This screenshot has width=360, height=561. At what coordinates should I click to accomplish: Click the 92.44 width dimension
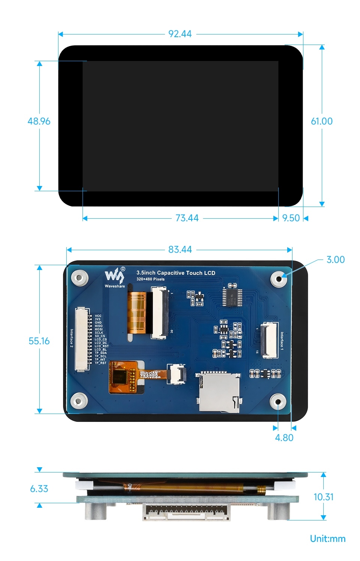point(180,34)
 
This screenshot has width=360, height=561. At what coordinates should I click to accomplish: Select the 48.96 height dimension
point(39,121)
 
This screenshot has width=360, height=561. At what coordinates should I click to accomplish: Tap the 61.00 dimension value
point(322,121)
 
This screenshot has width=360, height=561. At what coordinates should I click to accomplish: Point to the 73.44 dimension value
point(187,218)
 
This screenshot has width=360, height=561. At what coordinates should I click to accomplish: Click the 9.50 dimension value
point(291,218)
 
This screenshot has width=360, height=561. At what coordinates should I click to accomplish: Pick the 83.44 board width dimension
point(180,250)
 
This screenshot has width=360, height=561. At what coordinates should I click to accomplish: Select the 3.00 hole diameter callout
point(335,259)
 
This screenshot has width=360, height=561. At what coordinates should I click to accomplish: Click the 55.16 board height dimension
point(39,341)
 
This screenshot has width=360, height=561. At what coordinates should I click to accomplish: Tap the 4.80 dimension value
point(284,438)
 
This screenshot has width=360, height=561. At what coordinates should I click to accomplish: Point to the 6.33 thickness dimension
point(39,489)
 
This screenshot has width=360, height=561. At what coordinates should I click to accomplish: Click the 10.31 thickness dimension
point(323,497)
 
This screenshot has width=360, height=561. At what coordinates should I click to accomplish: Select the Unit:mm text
point(327,539)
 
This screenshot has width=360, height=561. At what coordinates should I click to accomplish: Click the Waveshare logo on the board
point(115,277)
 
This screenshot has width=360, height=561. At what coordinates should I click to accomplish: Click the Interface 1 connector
point(269,340)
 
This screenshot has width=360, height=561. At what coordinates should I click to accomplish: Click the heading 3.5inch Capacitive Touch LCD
point(176,273)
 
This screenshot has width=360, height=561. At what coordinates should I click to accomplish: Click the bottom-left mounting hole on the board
point(79,401)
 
